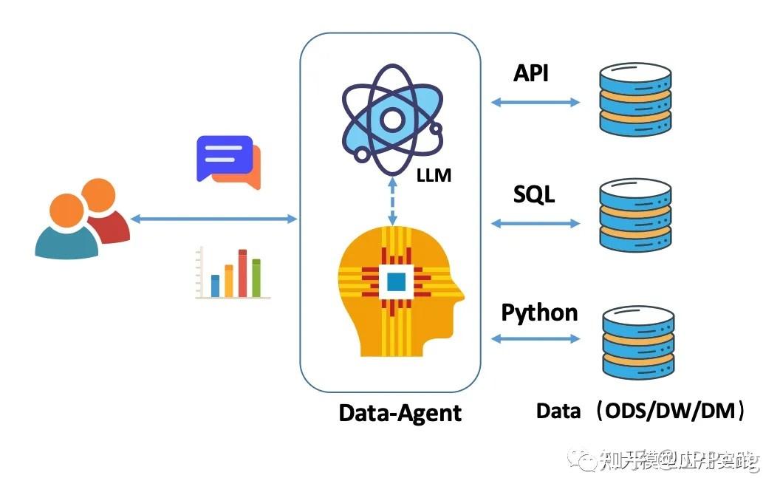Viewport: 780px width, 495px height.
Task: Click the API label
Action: coord(531,73)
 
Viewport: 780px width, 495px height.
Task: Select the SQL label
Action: coord(534,194)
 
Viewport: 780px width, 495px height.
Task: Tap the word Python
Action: coord(539,312)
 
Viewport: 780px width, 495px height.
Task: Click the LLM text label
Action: coord(434,177)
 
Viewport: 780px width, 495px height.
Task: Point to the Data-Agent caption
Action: coord(400,412)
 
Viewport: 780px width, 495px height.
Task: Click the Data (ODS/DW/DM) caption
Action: coord(640,411)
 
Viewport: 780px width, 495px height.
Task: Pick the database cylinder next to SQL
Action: coord(636,216)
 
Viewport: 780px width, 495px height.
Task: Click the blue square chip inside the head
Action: coord(396,281)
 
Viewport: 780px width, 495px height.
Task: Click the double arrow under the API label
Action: coord(536,102)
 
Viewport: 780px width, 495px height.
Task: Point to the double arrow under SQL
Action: coord(536,222)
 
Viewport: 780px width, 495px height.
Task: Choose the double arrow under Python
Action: coord(536,338)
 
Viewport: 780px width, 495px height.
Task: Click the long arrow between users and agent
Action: coord(213,218)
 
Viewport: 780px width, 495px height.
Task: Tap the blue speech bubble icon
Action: coord(223,157)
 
